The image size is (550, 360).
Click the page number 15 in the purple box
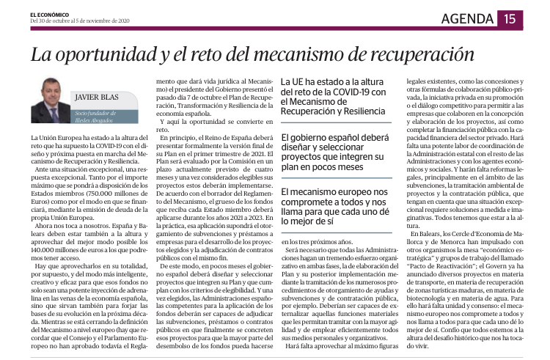pyautogui.click(x=509, y=20)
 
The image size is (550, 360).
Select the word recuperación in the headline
pyautogui.click(x=411, y=55)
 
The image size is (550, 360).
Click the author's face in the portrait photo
pyautogui.click(x=51, y=91)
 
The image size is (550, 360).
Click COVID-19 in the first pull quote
pyautogui.click(x=349, y=91)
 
